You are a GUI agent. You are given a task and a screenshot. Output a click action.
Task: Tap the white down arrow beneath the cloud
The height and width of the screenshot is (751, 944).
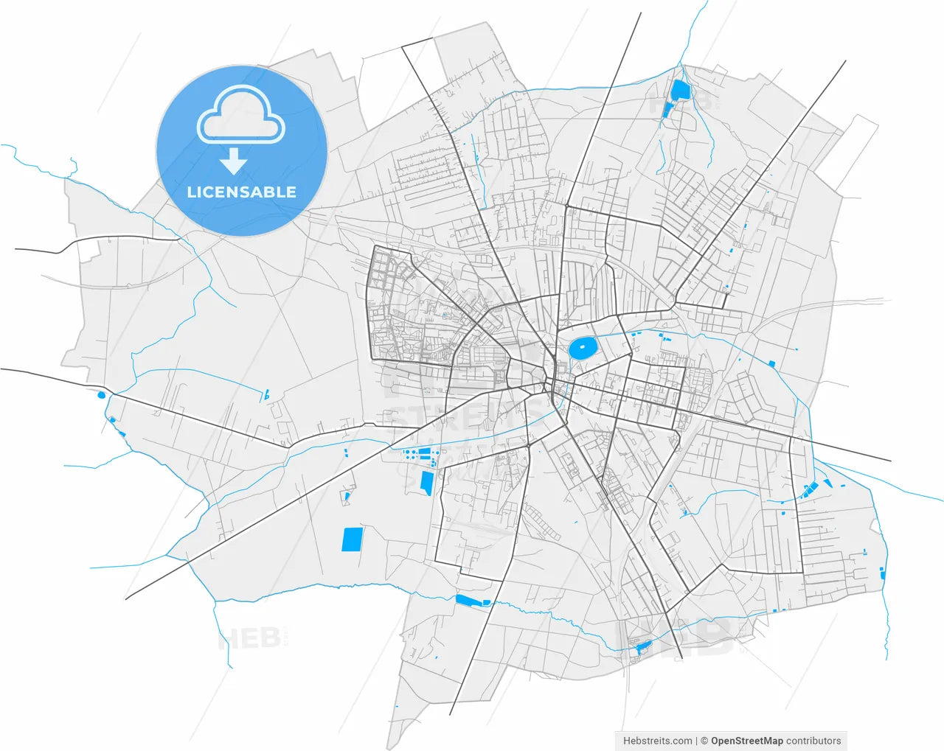tap(234, 160)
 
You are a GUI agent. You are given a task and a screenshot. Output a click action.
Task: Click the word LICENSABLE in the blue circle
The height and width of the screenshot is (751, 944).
tap(241, 192)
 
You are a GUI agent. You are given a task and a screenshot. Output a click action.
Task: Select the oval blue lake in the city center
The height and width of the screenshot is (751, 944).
tap(583, 348)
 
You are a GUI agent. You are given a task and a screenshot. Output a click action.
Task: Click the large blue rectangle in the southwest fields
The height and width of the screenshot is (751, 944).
tap(353, 539)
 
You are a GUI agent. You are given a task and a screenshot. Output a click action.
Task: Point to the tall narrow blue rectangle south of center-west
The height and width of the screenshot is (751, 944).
tap(426, 483)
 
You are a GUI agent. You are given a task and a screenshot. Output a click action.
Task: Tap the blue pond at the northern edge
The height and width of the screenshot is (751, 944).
tap(679, 91)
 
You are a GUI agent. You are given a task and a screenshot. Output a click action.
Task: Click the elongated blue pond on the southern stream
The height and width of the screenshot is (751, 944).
tap(473, 601)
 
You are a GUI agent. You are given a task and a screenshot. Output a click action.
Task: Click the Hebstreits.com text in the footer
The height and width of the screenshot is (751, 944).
tap(657, 741)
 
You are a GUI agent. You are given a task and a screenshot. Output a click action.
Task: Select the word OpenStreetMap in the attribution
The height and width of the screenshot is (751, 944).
tap(746, 741)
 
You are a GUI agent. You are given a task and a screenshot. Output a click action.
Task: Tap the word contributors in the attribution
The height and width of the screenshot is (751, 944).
tap(813, 741)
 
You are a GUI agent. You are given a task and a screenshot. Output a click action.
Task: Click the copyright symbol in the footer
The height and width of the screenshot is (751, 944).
tap(704, 741)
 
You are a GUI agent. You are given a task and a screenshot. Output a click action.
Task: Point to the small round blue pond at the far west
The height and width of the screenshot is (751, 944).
tap(101, 395)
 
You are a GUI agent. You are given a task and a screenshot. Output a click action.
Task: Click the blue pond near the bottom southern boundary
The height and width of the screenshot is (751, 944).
tap(642, 647)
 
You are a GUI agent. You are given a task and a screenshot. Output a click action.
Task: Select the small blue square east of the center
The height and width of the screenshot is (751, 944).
tap(772, 363)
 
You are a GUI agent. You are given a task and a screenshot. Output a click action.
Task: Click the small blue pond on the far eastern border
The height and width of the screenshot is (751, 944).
tap(882, 574)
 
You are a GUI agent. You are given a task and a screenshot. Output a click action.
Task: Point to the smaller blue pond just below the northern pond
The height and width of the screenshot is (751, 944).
tap(668, 110)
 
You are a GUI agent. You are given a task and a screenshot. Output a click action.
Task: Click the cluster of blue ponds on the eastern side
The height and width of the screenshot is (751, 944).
tap(811, 488)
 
